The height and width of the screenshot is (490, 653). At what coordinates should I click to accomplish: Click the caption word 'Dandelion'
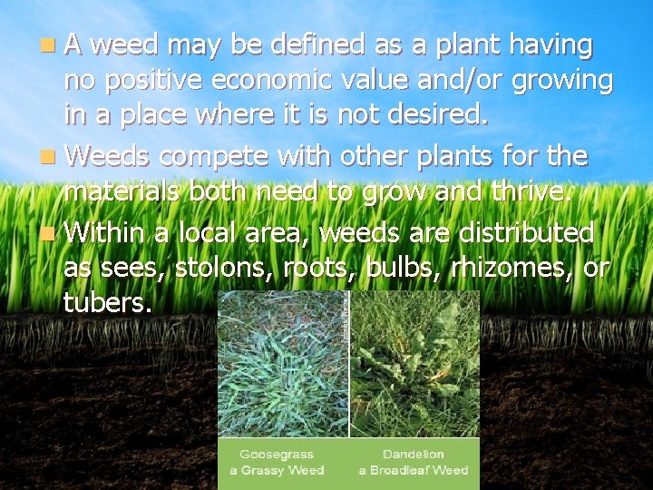(414, 454)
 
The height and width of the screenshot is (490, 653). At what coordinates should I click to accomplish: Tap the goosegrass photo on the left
(283, 363)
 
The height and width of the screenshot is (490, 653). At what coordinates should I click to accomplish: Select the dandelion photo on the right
(414, 363)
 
